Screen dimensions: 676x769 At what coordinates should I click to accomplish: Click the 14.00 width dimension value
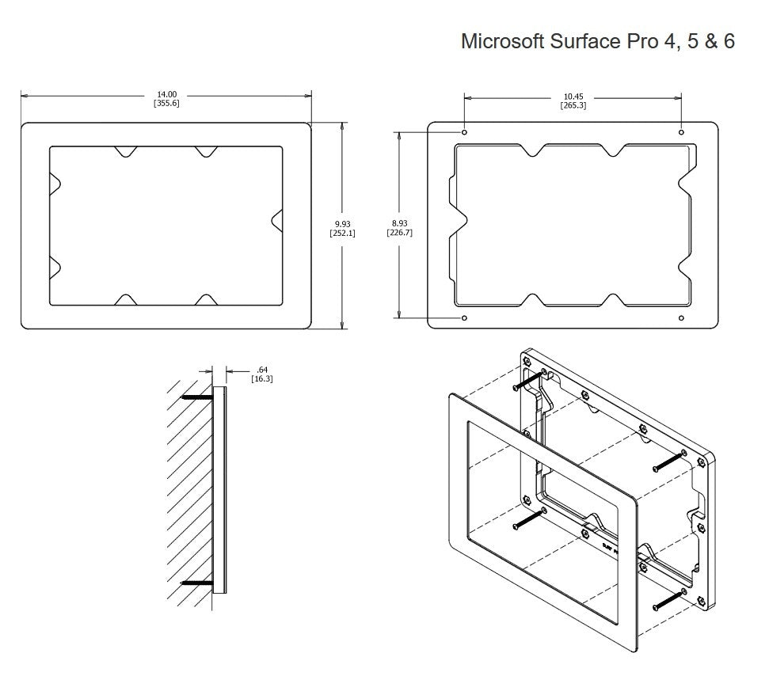166,95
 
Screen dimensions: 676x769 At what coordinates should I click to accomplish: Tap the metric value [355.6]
166,104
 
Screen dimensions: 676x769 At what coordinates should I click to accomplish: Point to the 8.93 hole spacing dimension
399,225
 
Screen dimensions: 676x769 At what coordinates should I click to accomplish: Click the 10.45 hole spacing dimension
573,97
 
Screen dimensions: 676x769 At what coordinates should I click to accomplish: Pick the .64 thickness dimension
262,370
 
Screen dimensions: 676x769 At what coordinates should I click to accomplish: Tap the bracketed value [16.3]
262,379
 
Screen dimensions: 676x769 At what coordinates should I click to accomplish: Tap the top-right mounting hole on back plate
681,131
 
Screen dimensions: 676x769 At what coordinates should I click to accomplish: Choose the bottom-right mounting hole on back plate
681,318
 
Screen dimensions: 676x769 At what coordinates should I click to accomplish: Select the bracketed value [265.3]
573,106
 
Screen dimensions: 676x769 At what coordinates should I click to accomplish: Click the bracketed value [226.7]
399,234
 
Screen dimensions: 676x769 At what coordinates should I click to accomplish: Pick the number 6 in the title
728,41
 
